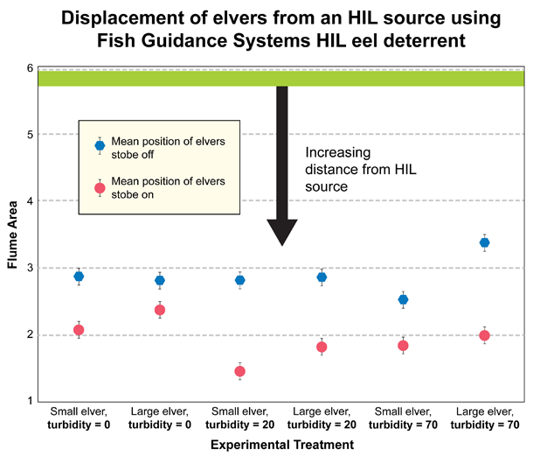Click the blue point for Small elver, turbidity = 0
pos(79,277)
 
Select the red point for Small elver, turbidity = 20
pos(240,371)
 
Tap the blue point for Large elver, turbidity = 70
pos(485,242)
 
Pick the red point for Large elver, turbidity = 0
pos(160,310)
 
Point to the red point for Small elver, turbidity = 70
pos(403,346)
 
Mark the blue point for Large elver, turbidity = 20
pos(322,277)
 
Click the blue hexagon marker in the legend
pos(100,145)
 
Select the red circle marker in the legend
pos(100,187)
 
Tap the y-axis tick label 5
pos(30,134)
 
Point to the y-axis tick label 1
pos(30,401)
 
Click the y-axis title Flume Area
pos(11,234)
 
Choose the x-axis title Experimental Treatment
pos(282,445)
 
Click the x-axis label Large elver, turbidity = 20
pos(322,417)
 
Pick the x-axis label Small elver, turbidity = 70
pos(404,417)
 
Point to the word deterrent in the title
pos(438,39)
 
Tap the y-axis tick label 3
pos(30,268)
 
